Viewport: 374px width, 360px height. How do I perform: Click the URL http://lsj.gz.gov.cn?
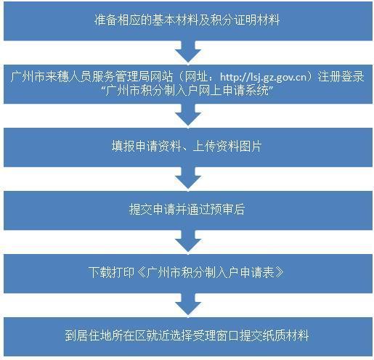pos(263,77)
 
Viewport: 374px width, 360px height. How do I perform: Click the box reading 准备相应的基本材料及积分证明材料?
pos(188,21)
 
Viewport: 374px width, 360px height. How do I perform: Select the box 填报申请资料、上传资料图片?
pos(188,147)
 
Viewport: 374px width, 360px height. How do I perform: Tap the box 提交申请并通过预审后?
pos(188,210)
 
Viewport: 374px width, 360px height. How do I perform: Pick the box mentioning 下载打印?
pos(188,274)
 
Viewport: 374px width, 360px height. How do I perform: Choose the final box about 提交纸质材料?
pos(188,337)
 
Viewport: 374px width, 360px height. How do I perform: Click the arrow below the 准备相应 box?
pos(188,52)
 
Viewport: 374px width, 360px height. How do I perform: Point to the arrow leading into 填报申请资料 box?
pos(188,115)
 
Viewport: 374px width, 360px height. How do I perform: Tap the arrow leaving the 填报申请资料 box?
pos(188,178)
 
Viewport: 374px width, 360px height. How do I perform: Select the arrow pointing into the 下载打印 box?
pos(188,241)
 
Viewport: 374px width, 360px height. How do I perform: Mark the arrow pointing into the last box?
pos(188,304)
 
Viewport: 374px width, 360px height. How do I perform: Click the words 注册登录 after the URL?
pos(341,77)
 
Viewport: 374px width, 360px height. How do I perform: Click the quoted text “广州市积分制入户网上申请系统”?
pos(187,91)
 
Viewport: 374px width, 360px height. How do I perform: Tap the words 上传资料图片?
pos(227,147)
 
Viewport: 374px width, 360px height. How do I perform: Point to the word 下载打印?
pos(111,272)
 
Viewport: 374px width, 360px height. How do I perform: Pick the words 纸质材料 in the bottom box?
pos(285,335)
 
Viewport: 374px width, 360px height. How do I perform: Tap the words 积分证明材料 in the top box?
pos(245,20)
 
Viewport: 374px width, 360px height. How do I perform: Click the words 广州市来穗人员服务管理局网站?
pos(92,77)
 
